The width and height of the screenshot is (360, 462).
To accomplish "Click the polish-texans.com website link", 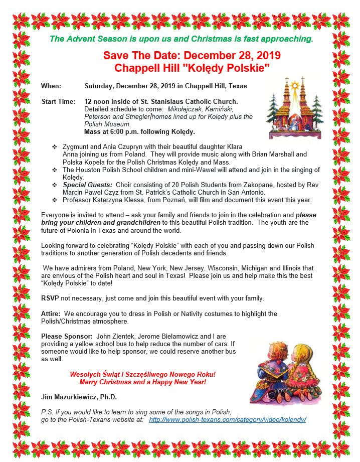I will (x=228, y=419).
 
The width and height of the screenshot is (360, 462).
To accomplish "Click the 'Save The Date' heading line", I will (x=192, y=56).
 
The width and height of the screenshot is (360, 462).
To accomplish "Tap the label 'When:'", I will (x=51, y=86).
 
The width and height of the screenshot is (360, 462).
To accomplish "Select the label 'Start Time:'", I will (x=59, y=102).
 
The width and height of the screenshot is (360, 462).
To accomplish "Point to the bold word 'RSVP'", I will (x=50, y=298).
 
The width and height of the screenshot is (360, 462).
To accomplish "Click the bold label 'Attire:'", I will (x=51, y=314).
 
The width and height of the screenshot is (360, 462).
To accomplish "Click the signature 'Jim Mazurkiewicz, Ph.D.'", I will (x=79, y=397).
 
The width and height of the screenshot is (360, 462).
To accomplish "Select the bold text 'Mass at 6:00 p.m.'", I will (x=114, y=131).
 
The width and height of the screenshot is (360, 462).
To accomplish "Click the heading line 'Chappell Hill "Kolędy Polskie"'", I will (x=192, y=67).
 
